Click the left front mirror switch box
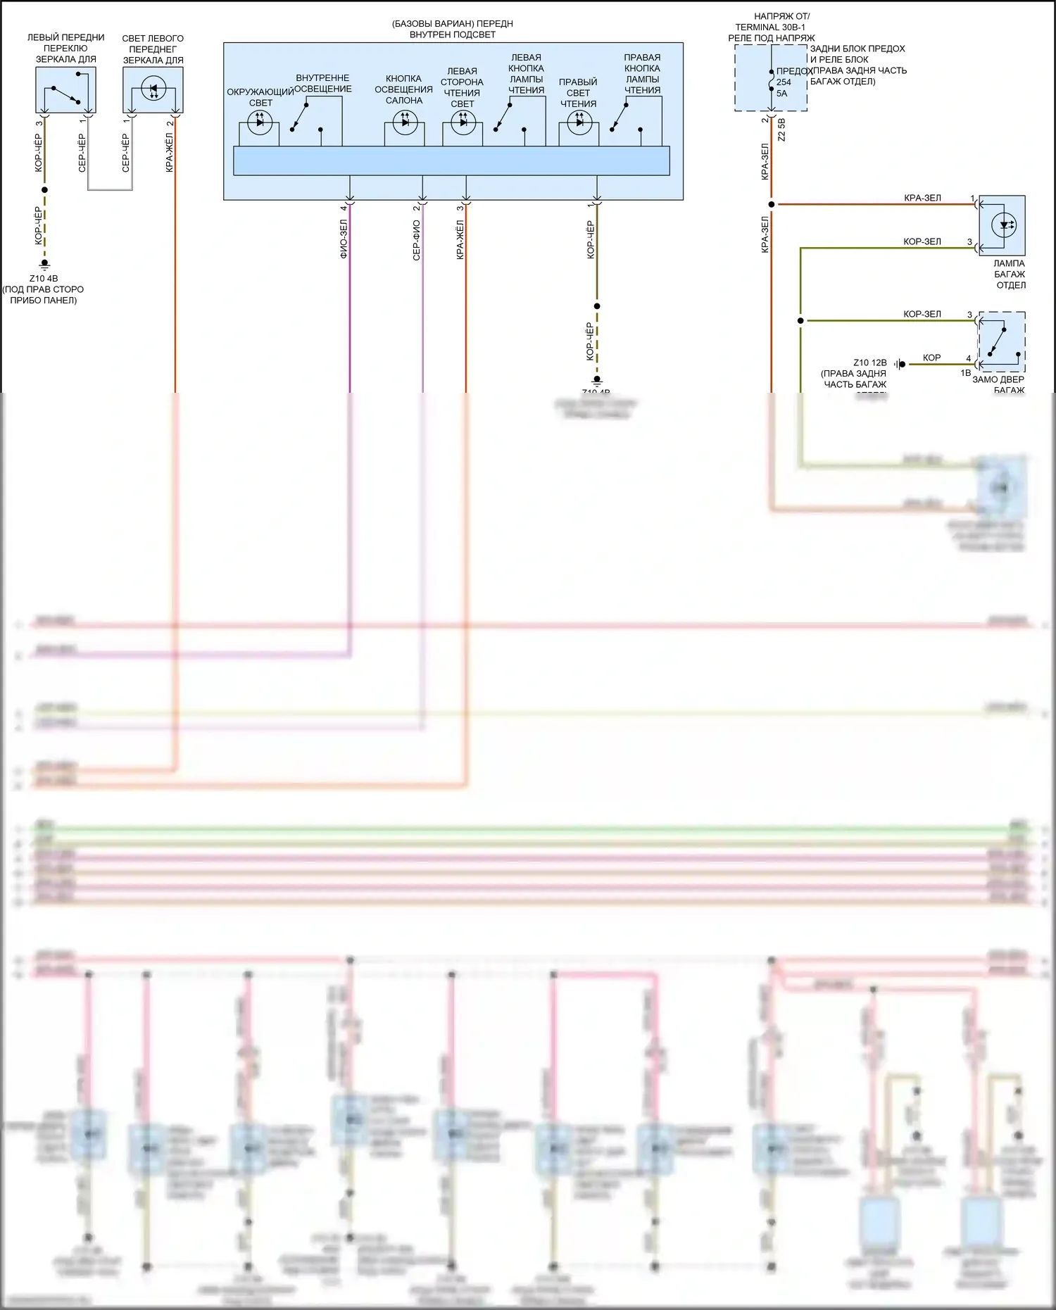point(65,89)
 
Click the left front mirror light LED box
point(153,89)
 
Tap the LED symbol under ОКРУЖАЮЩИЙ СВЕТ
point(259,122)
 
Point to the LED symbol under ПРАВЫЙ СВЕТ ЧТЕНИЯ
point(579,122)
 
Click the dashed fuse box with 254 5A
point(771,77)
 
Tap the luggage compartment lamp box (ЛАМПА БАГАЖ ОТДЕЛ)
point(1002,225)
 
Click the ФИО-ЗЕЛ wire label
point(344,239)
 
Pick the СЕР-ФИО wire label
point(416,240)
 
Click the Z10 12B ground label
point(869,363)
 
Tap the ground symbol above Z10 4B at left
point(44,265)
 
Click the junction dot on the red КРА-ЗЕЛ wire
point(772,204)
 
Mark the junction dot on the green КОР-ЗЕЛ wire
point(800,320)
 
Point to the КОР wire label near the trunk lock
point(931,358)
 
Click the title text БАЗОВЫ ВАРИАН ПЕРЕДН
point(453,24)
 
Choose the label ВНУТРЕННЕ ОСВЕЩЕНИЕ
point(322,83)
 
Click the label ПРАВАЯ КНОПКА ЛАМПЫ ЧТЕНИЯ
point(642,73)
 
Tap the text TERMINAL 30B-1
point(770,27)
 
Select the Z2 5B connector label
point(781,130)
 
